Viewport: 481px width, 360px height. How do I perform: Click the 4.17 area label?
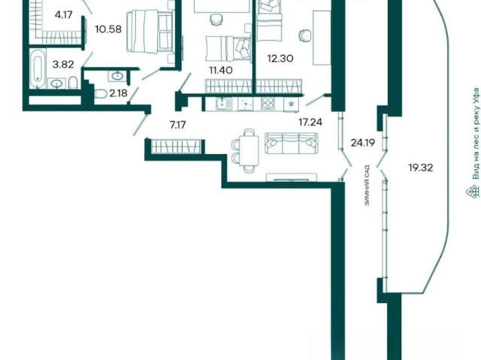[63, 15]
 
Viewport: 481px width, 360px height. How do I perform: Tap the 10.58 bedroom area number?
[108, 29]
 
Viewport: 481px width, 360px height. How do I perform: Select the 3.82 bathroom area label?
[63, 65]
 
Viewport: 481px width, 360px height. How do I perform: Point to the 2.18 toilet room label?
[119, 93]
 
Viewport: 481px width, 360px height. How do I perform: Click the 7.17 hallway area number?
[178, 125]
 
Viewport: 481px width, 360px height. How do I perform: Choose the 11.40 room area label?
[221, 71]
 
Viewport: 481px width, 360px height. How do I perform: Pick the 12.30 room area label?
[280, 59]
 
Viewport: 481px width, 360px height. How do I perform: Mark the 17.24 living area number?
[310, 123]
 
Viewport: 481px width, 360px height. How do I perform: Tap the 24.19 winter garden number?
[362, 143]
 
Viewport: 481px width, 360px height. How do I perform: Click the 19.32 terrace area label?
[421, 168]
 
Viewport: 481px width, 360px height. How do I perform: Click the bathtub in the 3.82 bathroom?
[38, 68]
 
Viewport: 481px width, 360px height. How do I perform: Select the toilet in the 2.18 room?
[101, 93]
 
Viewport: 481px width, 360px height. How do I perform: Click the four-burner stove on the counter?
[268, 104]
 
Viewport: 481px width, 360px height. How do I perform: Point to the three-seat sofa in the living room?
[292, 144]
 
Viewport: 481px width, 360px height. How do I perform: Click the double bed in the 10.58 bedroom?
[150, 32]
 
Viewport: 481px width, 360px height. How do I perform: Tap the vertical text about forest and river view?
[476, 134]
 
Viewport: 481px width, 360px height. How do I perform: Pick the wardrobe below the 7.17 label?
[177, 147]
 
